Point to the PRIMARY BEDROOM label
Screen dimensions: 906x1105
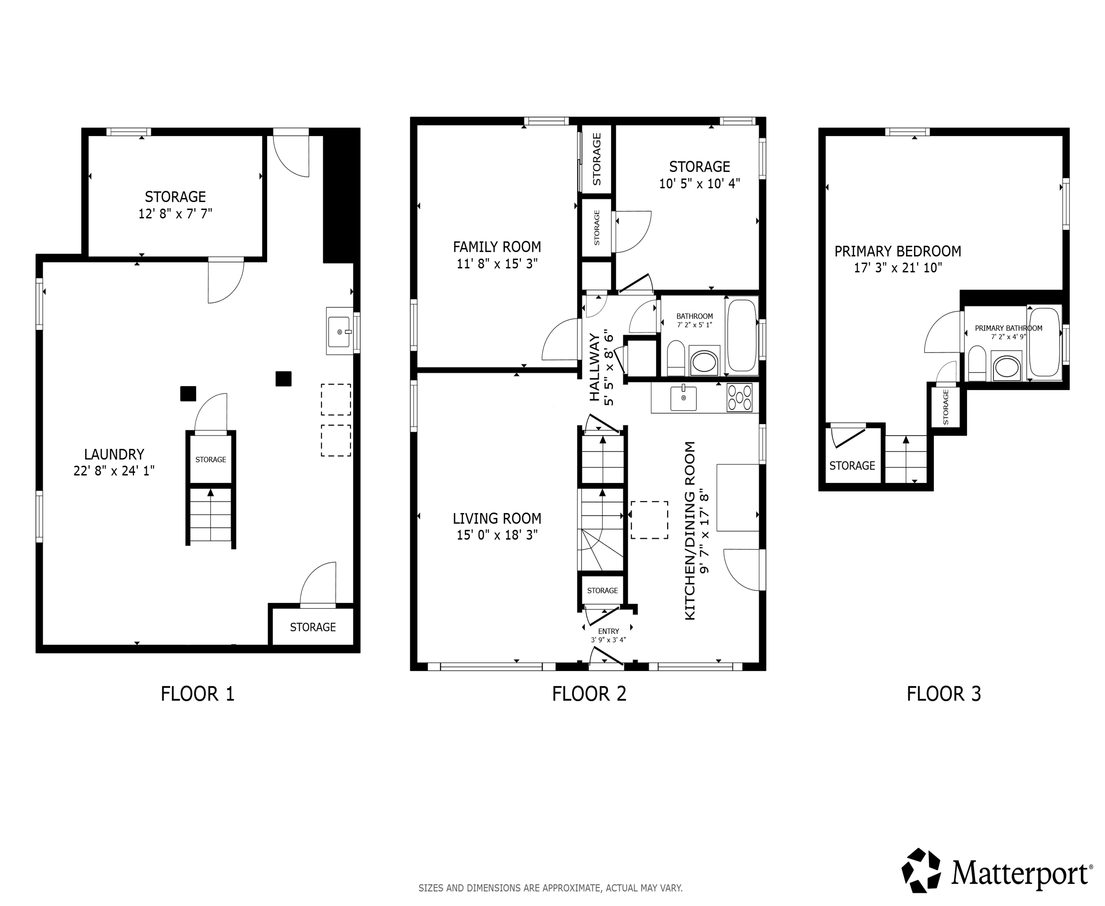[897, 251]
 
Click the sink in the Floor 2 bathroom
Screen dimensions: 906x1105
[704, 362]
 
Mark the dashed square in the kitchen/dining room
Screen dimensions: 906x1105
[649, 520]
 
